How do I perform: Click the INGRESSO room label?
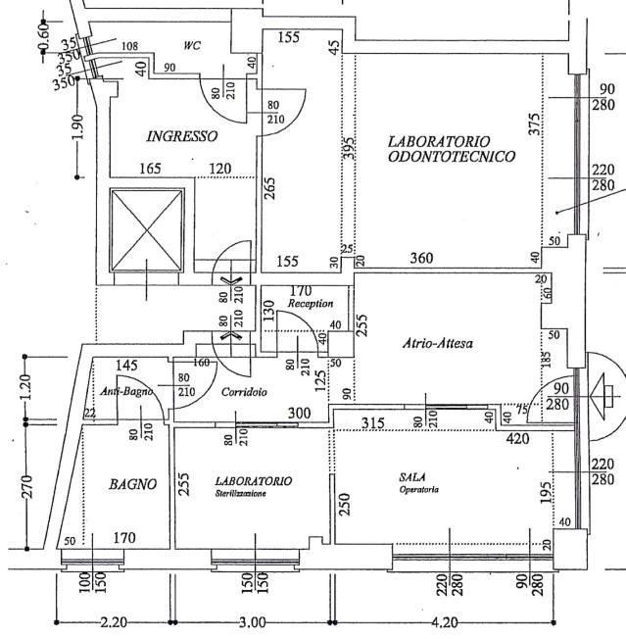pyautogui.click(x=181, y=136)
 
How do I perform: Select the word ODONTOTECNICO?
pyautogui.click(x=453, y=156)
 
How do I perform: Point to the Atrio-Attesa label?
pyautogui.click(x=439, y=344)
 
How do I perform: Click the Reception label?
pyautogui.click(x=316, y=304)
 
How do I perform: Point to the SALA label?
pyautogui.click(x=411, y=476)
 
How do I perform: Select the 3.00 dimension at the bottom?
pyautogui.click(x=252, y=622)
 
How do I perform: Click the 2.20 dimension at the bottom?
pyautogui.click(x=114, y=622)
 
